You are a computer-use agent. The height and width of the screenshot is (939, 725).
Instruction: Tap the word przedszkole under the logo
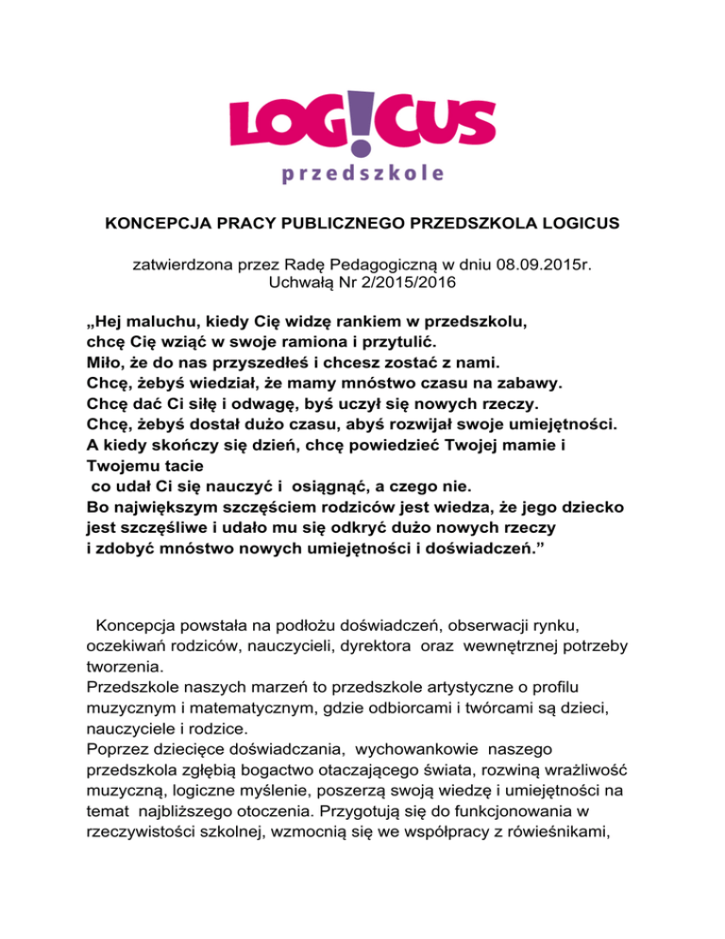point(362,174)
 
